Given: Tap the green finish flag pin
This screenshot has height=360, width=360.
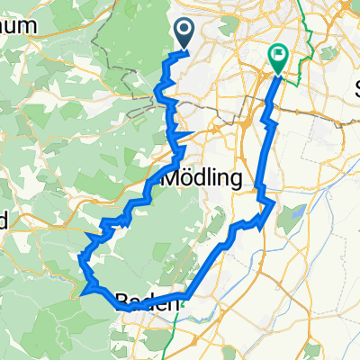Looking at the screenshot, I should [x=278, y=59].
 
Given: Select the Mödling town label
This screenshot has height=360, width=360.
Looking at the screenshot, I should [x=202, y=178].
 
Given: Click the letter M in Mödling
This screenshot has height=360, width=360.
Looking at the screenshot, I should [x=169, y=178].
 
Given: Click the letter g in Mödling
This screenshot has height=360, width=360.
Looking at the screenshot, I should [x=236, y=180].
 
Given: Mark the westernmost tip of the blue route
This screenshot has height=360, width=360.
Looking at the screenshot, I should [x=82, y=292].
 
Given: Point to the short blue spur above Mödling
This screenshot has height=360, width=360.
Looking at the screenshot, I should [x=184, y=136].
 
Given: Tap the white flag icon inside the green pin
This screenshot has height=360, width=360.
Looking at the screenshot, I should [x=278, y=56].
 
